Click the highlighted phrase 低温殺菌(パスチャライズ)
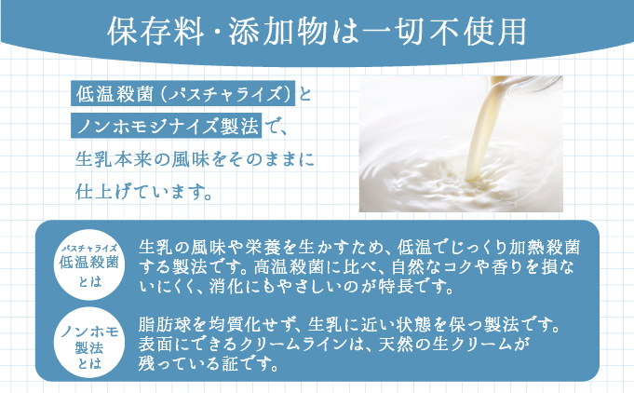182,94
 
